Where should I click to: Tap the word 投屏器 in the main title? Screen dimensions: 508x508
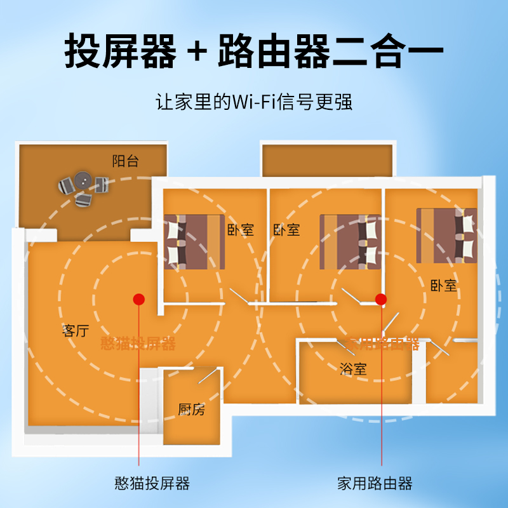[120, 51]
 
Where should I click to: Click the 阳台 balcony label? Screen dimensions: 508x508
[125, 161]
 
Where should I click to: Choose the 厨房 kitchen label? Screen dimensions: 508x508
[191, 410]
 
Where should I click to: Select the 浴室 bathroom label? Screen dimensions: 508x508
[352, 368]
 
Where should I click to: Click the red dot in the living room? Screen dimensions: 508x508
[139, 298]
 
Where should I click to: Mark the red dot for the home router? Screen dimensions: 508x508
[381, 298]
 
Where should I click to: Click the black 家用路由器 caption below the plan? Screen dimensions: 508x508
[375, 483]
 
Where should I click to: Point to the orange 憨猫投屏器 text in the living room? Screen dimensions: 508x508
[138, 344]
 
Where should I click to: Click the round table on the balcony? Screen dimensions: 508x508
[81, 180]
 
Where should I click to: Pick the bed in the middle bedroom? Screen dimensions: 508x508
[350, 240]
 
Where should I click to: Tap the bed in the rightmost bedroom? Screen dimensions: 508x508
[446, 234]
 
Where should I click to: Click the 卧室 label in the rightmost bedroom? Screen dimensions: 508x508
[443, 286]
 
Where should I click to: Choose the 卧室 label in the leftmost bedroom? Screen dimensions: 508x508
[240, 230]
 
